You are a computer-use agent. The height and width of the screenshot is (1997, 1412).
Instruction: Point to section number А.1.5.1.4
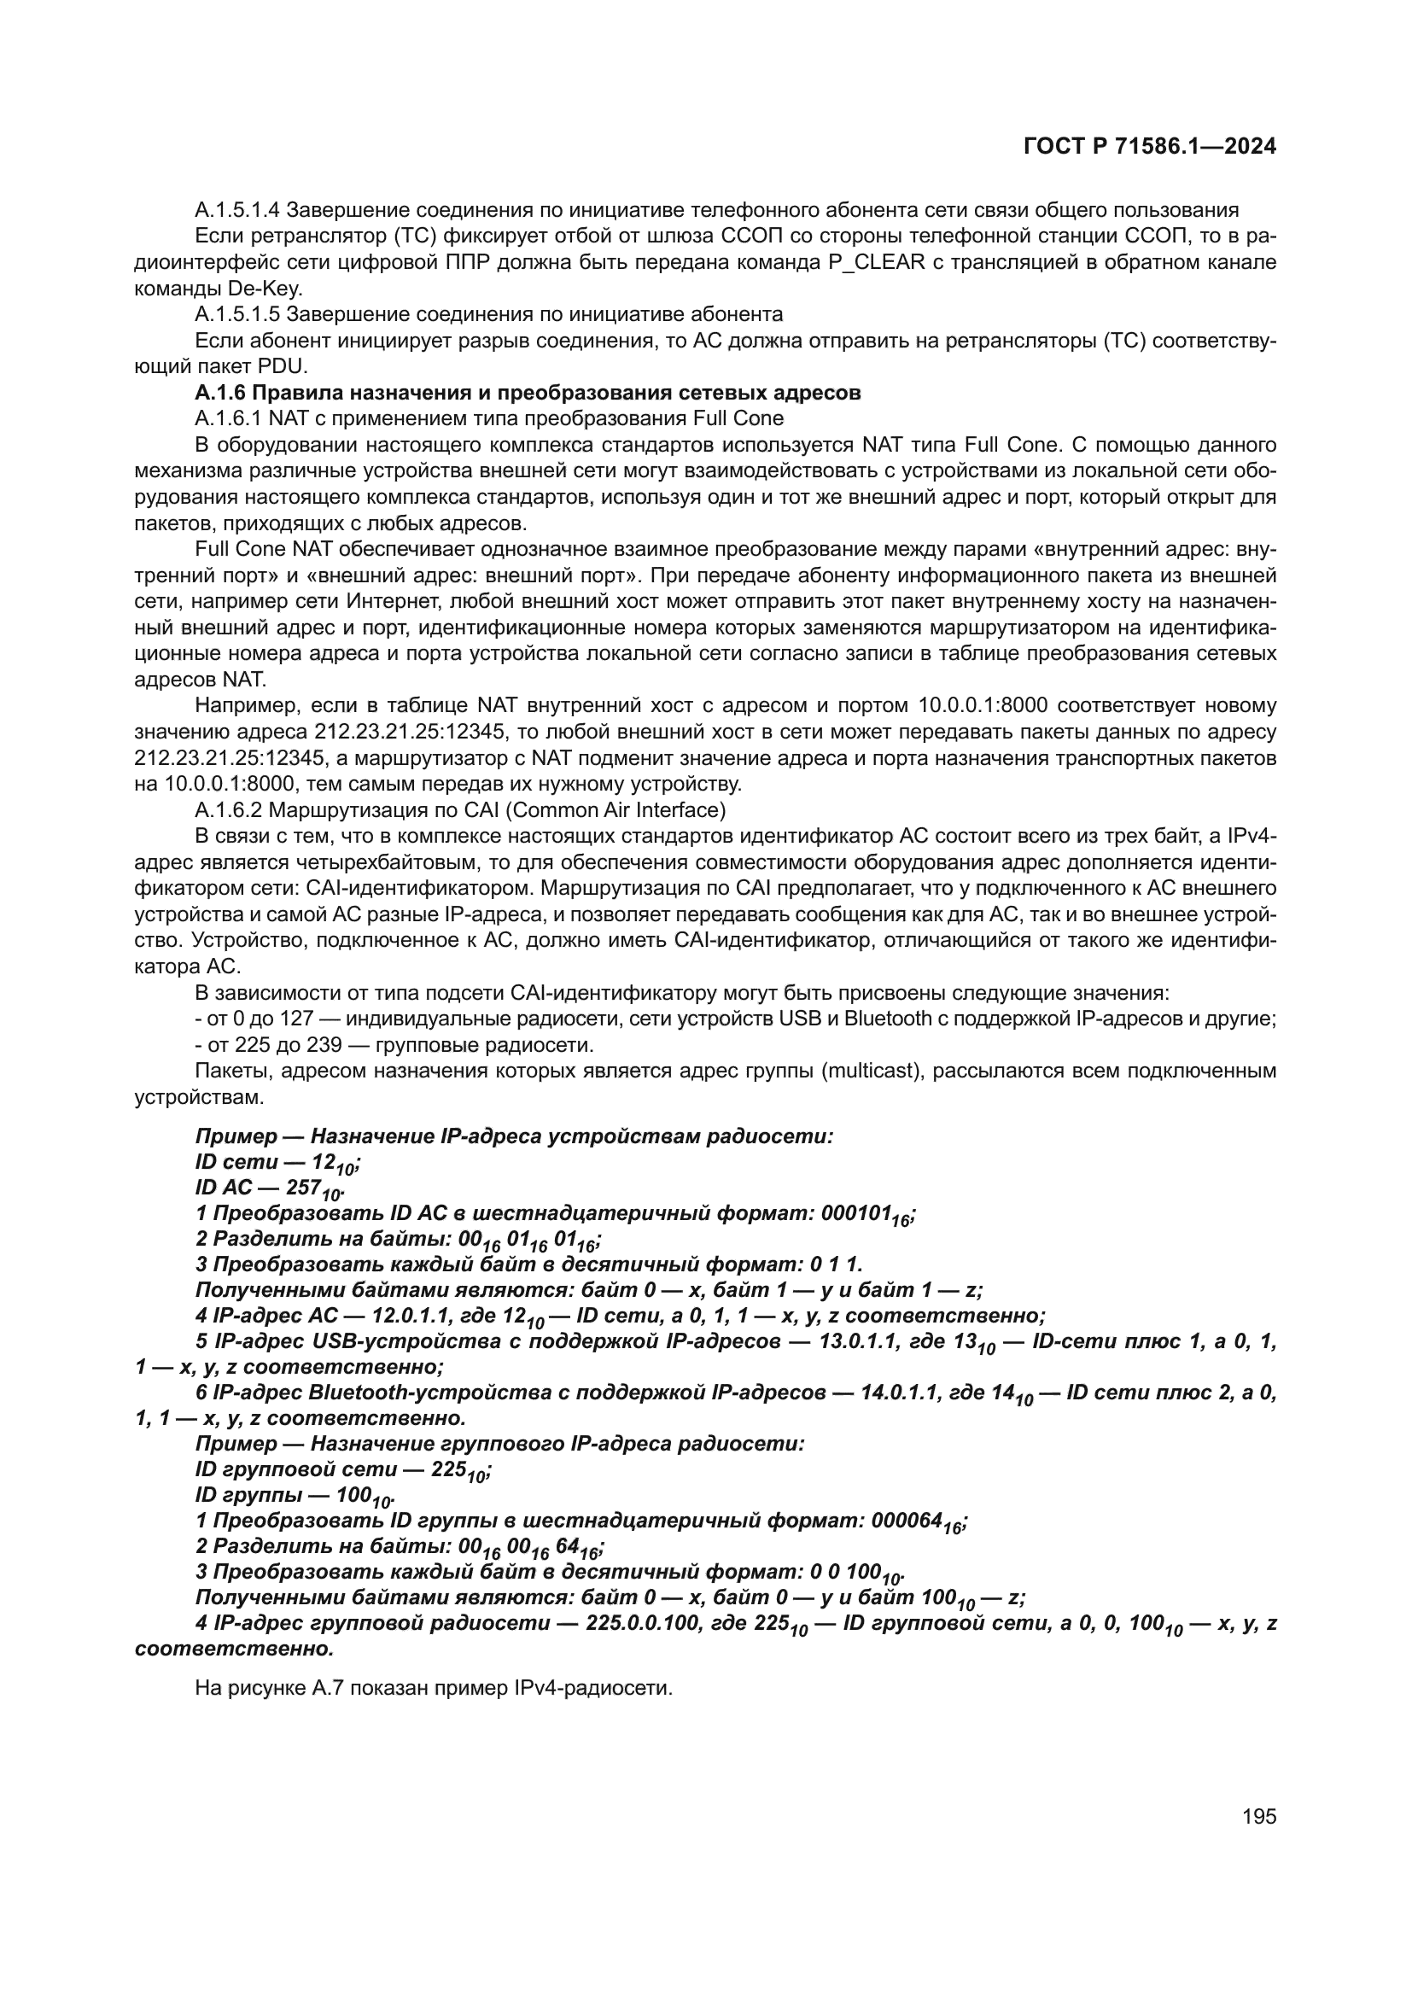pos(237,210)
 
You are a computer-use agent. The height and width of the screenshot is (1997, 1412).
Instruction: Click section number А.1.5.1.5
pos(237,314)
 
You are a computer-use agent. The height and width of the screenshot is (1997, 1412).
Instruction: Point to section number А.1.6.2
pos(228,810)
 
